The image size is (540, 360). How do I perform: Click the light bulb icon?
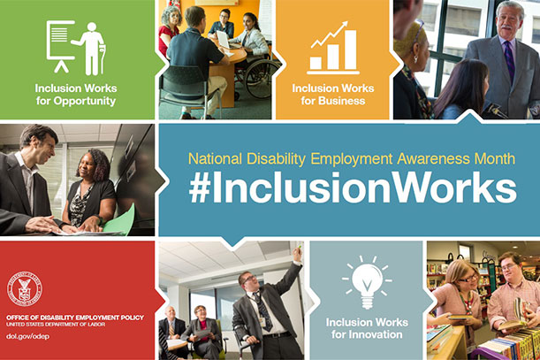pos(367,282)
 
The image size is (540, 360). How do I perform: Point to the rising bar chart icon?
pos(333,48)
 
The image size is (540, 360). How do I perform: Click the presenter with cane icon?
pos(76,48)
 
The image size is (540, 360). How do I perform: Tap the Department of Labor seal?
pos(25,289)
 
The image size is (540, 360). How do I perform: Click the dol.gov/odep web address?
pos(27,336)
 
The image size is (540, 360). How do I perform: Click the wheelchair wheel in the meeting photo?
pos(261,79)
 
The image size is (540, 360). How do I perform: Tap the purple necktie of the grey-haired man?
pos(509,61)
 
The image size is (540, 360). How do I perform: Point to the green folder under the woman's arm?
pos(120,220)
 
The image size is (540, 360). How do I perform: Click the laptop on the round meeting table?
pos(224,41)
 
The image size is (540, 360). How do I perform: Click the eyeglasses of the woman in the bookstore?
pos(468,278)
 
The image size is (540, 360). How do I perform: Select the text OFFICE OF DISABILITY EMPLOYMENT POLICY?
pos(75,318)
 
